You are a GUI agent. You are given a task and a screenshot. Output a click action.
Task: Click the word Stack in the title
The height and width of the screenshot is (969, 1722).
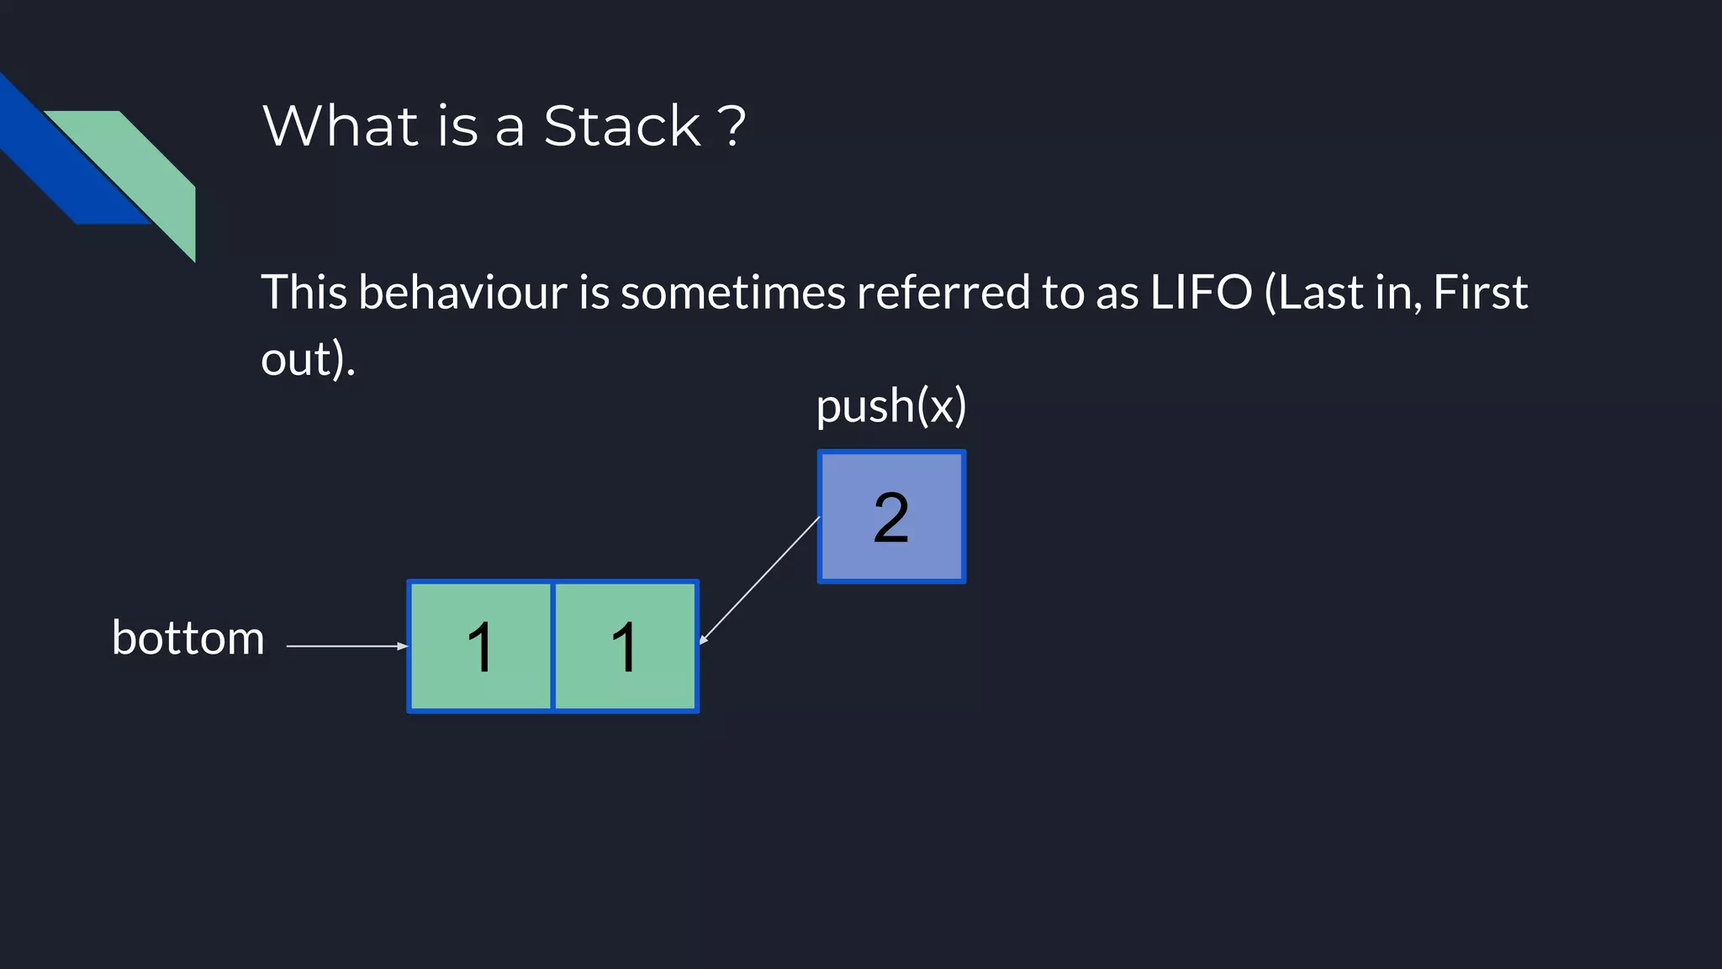click(x=621, y=126)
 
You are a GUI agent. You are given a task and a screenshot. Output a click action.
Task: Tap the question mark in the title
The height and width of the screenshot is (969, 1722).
click(x=732, y=126)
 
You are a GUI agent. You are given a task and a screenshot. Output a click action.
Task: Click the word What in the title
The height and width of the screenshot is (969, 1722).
click(x=341, y=126)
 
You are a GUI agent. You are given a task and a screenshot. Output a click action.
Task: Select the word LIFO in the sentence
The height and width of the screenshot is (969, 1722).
click(x=1201, y=293)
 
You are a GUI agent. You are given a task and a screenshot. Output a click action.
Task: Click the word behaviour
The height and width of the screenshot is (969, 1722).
click(x=462, y=293)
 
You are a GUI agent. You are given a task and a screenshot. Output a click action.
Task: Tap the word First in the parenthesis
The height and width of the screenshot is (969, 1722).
click(x=1480, y=293)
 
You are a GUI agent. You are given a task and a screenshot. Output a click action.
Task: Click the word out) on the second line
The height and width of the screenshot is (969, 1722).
click(x=307, y=360)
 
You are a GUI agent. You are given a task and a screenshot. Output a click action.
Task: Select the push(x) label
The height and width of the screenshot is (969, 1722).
click(x=891, y=406)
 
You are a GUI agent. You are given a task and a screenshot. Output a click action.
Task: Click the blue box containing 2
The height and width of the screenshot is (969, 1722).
click(x=891, y=516)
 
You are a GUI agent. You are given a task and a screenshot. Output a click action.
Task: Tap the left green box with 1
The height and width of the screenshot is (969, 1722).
click(x=480, y=646)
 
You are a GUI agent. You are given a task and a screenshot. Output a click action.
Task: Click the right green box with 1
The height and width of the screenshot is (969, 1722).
click(x=626, y=646)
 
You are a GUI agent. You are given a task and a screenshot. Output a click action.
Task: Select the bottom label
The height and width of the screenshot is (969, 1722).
click(x=188, y=638)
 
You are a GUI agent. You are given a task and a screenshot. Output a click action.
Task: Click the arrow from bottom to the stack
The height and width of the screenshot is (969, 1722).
click(x=345, y=646)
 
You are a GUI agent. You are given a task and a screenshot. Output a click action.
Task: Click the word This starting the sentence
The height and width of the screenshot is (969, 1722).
click(x=304, y=293)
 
